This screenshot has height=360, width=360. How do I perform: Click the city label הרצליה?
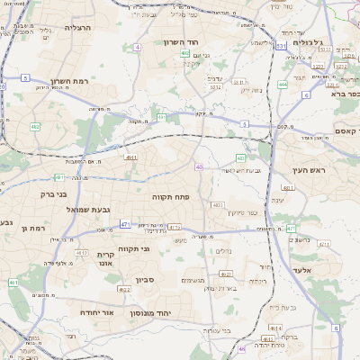click(x=79, y=28)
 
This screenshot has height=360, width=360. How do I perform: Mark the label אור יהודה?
click(x=94, y=311)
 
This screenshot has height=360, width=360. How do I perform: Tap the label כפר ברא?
click(x=343, y=94)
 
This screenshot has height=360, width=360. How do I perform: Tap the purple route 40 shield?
click(x=199, y=166)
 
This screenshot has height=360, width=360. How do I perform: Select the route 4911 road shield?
click(x=130, y=157)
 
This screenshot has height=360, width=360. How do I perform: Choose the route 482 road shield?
click(x=35, y=127)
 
